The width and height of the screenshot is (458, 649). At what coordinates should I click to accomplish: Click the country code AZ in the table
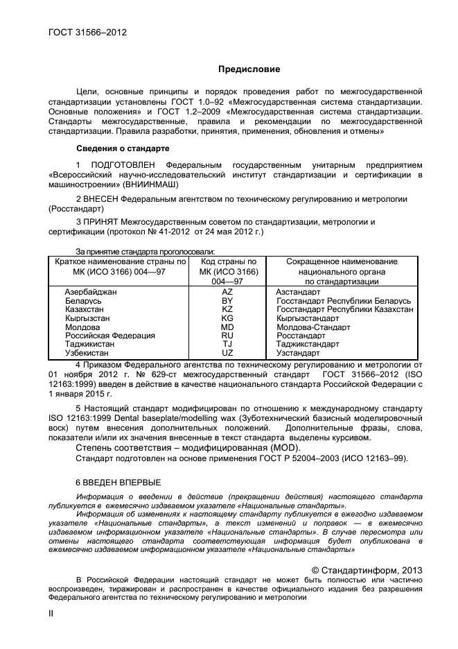(227, 293)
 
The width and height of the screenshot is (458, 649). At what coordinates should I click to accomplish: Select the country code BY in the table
(227, 302)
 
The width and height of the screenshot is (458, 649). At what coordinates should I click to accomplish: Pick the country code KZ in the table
(227, 310)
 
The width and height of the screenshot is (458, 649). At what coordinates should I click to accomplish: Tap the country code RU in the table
(227, 336)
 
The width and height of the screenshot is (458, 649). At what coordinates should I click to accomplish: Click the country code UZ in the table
(227, 353)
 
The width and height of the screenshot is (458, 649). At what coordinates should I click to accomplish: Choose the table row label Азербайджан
(91, 293)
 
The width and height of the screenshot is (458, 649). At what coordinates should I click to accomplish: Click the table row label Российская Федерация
(110, 336)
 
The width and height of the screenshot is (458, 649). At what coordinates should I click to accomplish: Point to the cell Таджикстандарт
(308, 344)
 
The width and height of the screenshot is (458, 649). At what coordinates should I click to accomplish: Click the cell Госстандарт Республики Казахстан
(344, 310)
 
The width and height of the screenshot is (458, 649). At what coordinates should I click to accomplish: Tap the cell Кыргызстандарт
(308, 318)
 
